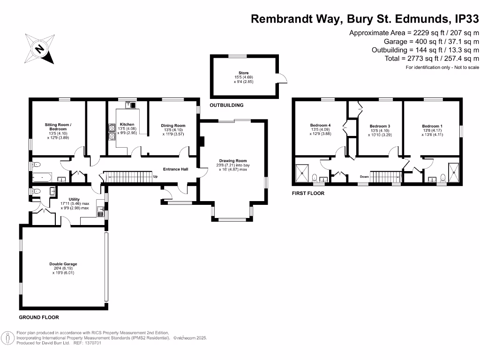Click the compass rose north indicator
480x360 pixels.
(40, 48)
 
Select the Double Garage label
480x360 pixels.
(63, 264)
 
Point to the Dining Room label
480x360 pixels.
(173, 125)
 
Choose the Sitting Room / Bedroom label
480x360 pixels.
(58, 127)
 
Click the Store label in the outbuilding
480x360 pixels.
(243, 73)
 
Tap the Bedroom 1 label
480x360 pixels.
(432, 126)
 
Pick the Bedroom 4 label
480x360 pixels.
(320, 125)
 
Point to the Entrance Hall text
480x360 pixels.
(175, 169)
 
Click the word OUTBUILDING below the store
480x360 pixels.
(227, 105)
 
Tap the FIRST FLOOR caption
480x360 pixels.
(308, 193)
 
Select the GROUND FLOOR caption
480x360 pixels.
(39, 317)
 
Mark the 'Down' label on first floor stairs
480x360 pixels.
(364, 177)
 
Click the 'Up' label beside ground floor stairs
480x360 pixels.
(155, 177)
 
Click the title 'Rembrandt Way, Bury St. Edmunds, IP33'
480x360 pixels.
(365, 19)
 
